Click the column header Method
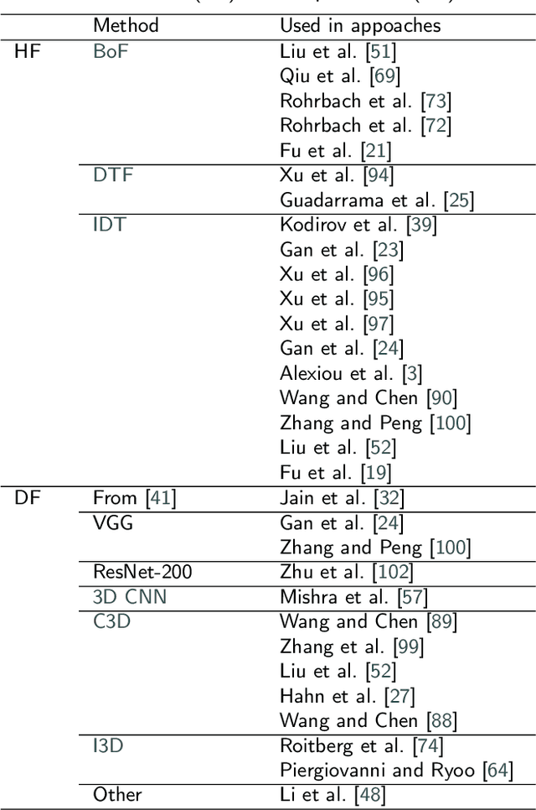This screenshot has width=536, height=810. pos(126,26)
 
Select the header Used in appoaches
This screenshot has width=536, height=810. pos(360,26)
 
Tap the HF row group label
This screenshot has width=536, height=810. pos(28,50)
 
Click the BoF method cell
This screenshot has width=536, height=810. pos(111,50)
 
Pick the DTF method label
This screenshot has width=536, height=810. pos(113,174)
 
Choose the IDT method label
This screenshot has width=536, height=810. pos(110,225)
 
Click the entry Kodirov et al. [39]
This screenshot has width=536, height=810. pos(358,225)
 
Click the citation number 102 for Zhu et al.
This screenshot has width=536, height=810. pos(398,574)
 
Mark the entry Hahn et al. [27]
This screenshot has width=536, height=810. pos(348,697)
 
